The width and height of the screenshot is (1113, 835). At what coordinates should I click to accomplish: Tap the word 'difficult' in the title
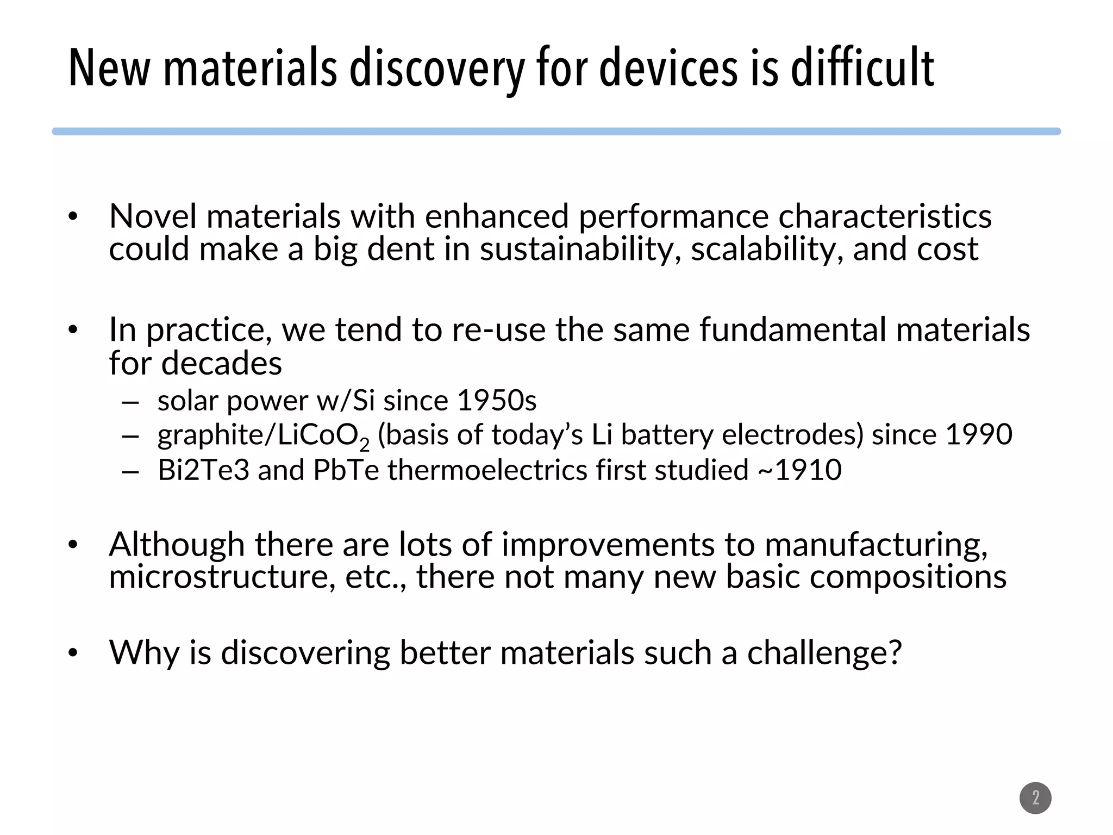[862, 68]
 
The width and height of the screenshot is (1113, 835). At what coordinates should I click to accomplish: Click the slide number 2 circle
[1035, 798]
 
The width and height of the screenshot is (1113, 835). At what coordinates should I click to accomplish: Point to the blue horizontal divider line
[556, 132]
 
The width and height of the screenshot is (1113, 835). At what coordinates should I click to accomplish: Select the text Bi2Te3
[203, 470]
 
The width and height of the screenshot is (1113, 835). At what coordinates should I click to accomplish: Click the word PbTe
[346, 470]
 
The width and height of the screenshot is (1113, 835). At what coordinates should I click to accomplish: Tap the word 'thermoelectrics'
[487, 470]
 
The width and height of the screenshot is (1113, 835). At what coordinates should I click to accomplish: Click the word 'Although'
[177, 544]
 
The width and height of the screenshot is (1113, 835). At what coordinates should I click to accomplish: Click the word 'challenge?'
[824, 652]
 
